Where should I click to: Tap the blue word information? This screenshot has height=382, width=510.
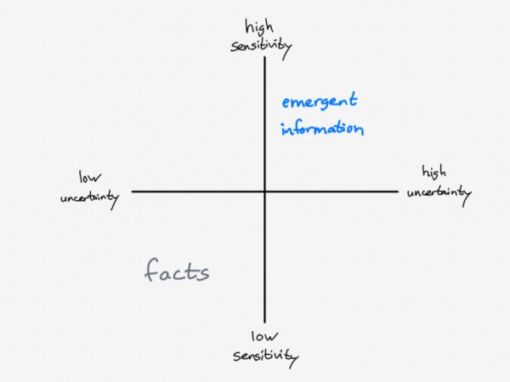[x=322, y=129]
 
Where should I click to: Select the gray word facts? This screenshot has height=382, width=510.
[x=177, y=272]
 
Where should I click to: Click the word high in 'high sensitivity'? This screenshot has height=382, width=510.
[x=261, y=26]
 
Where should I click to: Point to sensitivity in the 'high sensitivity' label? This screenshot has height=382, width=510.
[x=261, y=45]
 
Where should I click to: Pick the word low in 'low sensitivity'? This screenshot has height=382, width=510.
[x=266, y=335]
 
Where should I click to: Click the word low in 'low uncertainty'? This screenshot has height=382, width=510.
[x=90, y=178]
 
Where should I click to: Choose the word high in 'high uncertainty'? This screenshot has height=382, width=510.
[x=433, y=174]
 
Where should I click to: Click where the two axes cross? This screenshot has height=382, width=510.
[x=265, y=191]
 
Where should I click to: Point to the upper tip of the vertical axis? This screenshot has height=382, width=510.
[x=265, y=58]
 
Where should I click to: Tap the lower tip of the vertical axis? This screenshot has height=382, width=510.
[x=265, y=321]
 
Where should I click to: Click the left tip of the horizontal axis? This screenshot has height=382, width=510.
[x=133, y=191]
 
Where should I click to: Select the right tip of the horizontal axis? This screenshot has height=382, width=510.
[x=397, y=191]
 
